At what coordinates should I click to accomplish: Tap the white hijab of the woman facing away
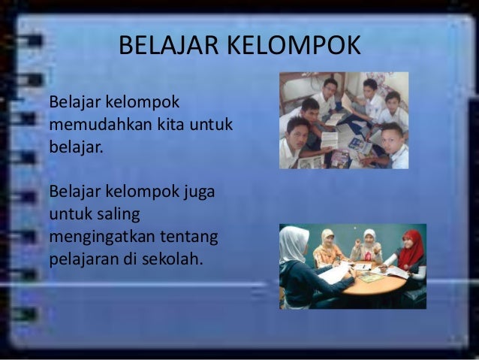click(x=293, y=244)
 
